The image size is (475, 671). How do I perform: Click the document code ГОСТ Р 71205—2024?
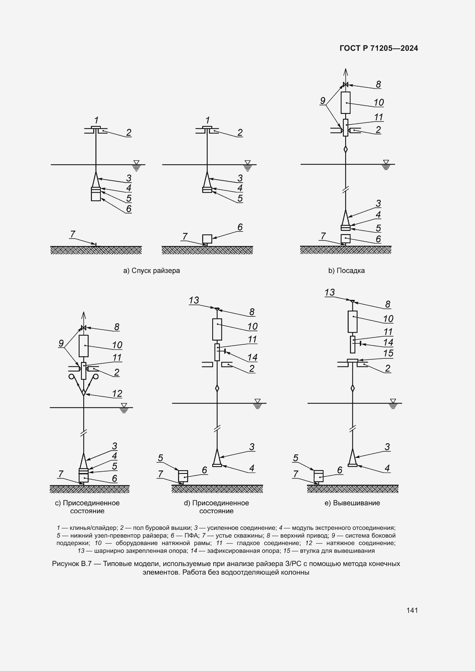click(379, 48)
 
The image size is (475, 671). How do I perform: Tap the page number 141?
click(412, 610)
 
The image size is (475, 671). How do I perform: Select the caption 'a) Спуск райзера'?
click(152, 271)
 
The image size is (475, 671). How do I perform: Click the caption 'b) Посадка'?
click(346, 271)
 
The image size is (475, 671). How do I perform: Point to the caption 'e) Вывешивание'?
click(352, 503)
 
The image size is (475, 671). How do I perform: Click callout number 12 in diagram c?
click(117, 393)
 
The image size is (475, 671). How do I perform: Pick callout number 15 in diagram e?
click(388, 353)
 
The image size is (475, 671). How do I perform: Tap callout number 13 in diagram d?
click(194, 300)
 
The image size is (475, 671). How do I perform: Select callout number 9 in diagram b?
click(323, 101)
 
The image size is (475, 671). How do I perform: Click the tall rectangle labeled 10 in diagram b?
click(345, 103)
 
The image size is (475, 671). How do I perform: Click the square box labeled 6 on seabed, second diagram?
click(207, 239)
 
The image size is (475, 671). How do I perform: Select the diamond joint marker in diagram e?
click(352, 388)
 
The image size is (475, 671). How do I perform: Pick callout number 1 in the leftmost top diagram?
click(96, 120)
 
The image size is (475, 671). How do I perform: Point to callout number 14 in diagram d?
click(252, 357)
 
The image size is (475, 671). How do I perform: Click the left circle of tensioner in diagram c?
click(71, 376)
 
